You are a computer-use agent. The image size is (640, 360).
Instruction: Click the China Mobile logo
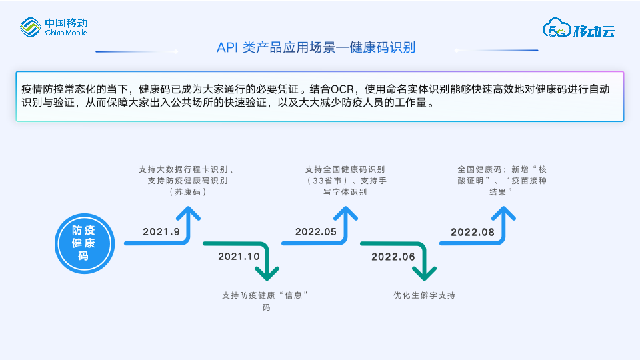pyautogui.click(x=53, y=27)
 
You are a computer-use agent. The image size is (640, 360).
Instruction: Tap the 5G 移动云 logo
pyautogui.click(x=578, y=29)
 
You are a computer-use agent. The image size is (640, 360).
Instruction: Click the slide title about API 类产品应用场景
pyautogui.click(x=316, y=48)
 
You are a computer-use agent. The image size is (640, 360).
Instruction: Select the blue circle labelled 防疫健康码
pyautogui.click(x=83, y=243)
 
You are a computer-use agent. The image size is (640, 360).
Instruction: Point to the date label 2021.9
pyautogui.click(x=161, y=231)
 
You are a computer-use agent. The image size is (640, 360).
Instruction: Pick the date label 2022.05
pyautogui.click(x=316, y=231)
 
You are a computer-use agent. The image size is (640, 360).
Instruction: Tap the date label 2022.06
pyautogui.click(x=393, y=256)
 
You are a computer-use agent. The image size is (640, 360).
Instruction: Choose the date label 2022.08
pyautogui.click(x=473, y=231)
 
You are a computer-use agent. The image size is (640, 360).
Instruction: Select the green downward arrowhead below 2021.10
pyautogui.click(x=267, y=272)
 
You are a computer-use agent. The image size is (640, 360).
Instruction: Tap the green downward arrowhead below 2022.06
pyautogui.click(x=424, y=272)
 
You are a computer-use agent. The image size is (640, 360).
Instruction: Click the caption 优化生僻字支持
pyautogui.click(x=424, y=295)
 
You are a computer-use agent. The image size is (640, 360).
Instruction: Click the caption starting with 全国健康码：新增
pyautogui.click(x=502, y=180)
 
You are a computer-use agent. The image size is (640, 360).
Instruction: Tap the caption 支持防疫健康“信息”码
pyautogui.click(x=267, y=301)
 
